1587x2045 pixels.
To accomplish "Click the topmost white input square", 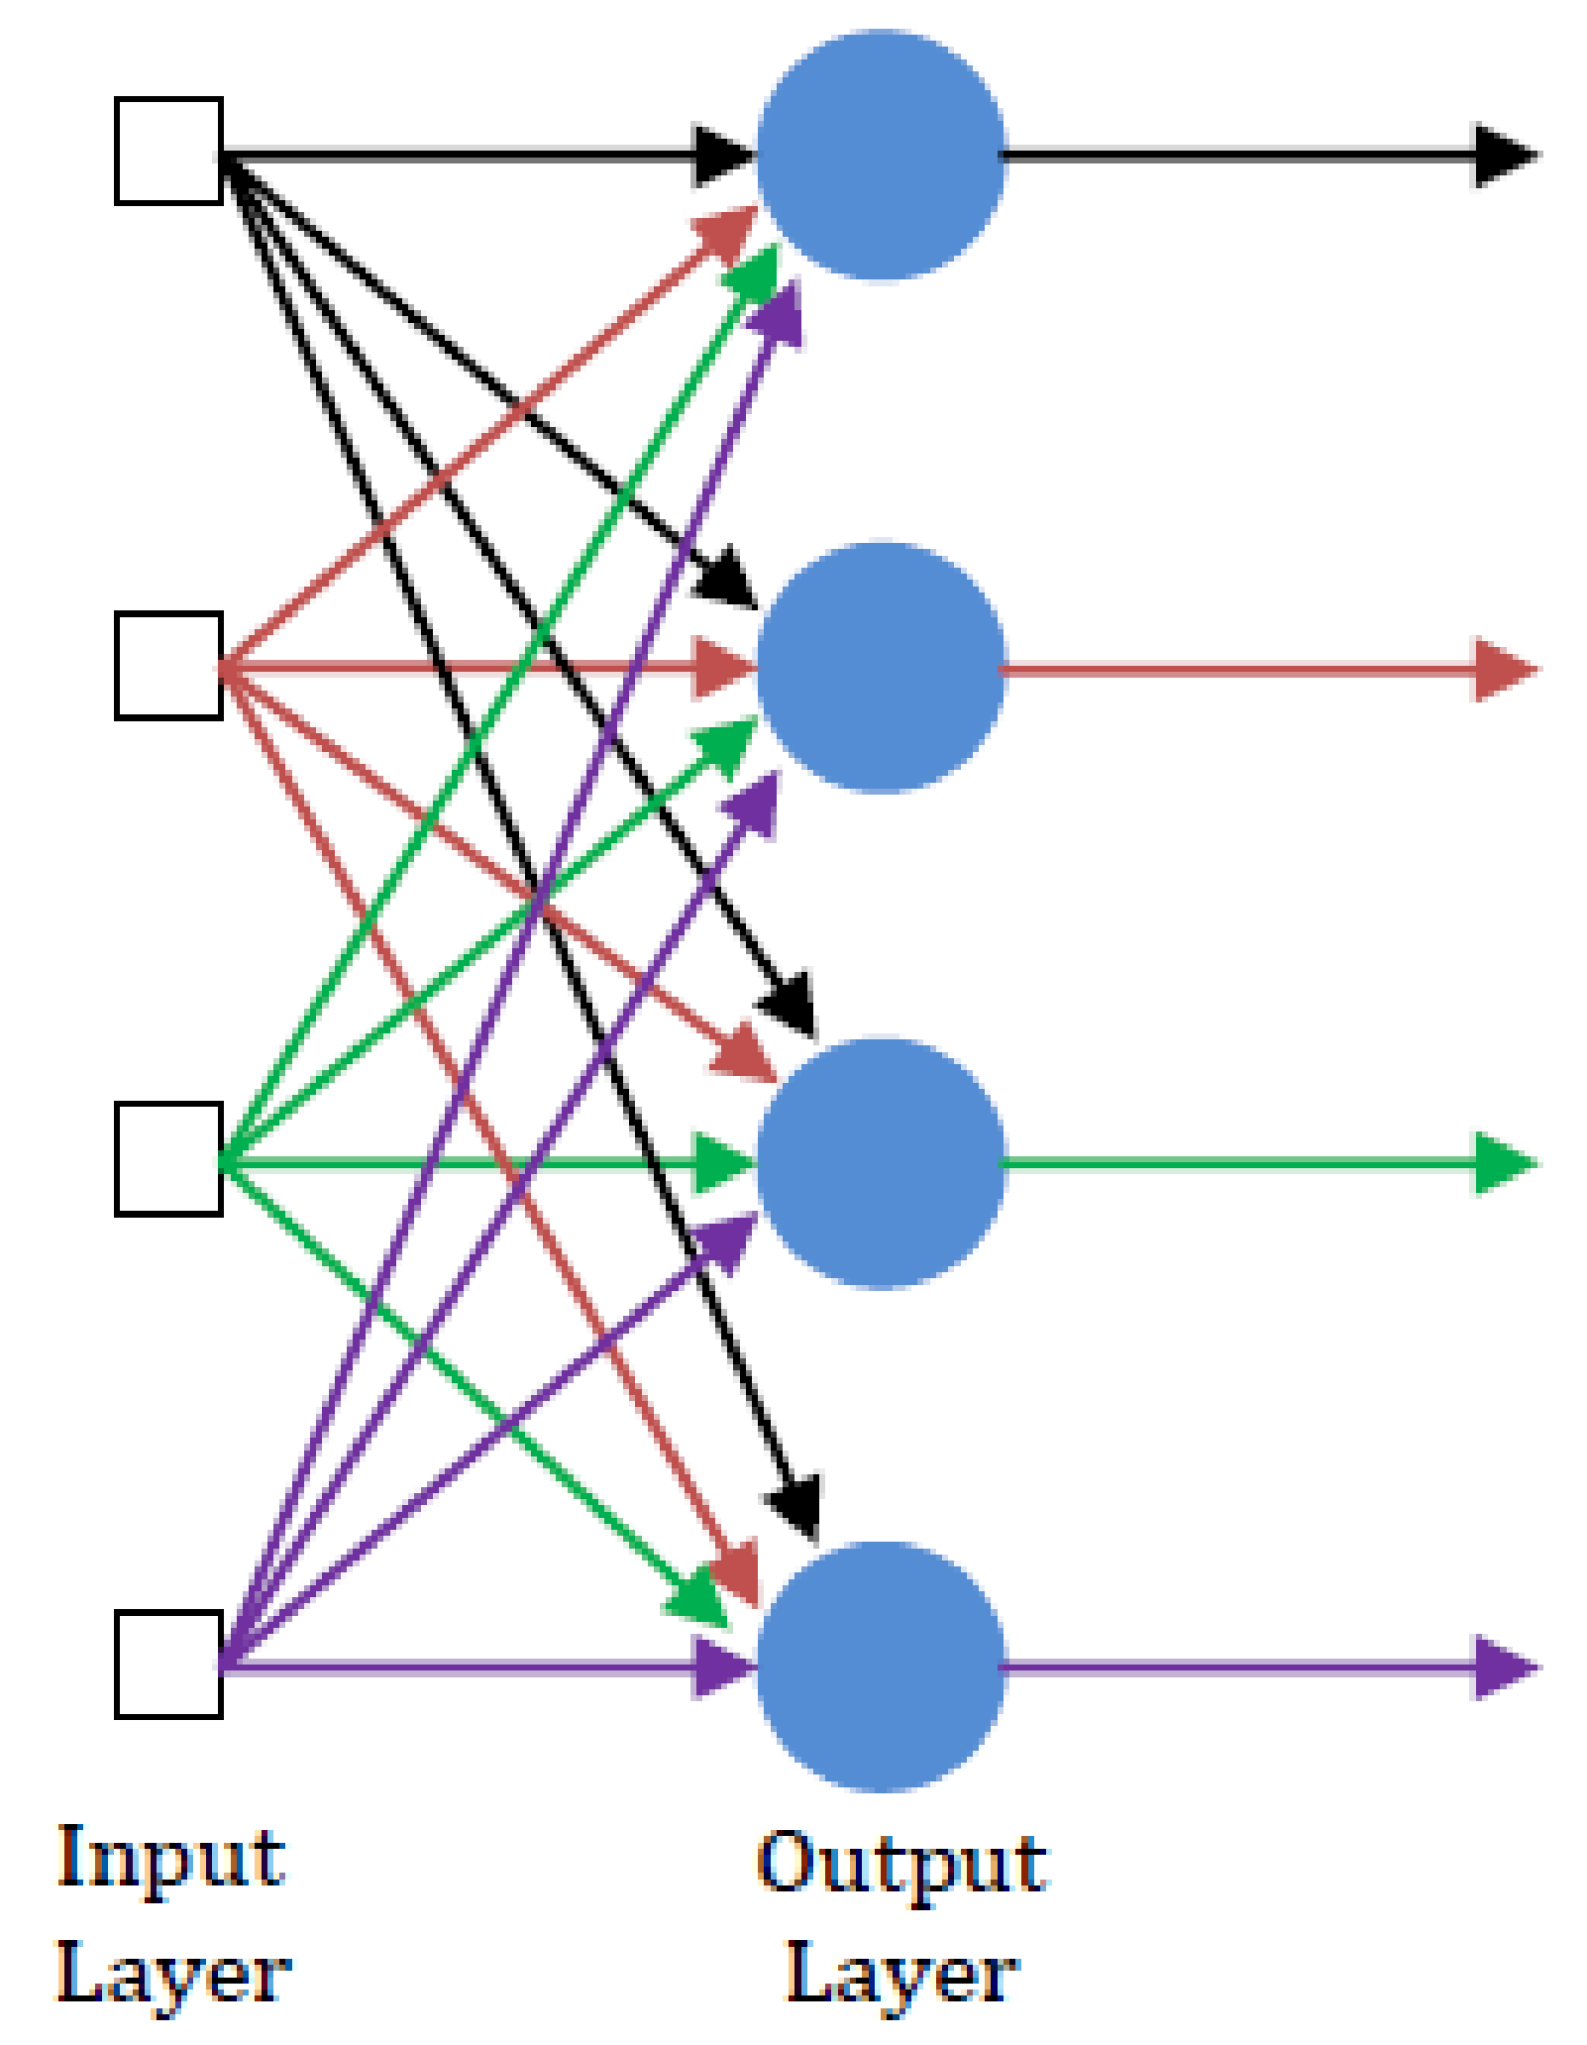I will [168, 152].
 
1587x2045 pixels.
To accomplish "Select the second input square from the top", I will [168, 666].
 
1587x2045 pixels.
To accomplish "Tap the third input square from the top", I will [168, 1158].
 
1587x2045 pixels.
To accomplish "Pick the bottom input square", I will [168, 1665].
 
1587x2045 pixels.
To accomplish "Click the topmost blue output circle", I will [881, 156].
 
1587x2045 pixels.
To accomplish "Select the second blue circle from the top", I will [881, 667].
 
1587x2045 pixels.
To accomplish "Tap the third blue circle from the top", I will [881, 1162].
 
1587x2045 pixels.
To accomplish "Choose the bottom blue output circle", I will [881, 1668].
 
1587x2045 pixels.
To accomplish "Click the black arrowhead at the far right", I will [1503, 156].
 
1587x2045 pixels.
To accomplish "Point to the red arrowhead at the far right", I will [1503, 671].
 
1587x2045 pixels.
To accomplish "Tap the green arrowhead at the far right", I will [1503, 1163].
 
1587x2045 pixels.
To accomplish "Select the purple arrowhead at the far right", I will [1503, 1668].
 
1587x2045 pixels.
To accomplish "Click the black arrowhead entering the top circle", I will [721, 156].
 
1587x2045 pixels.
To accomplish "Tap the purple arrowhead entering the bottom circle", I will [721, 1668].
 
